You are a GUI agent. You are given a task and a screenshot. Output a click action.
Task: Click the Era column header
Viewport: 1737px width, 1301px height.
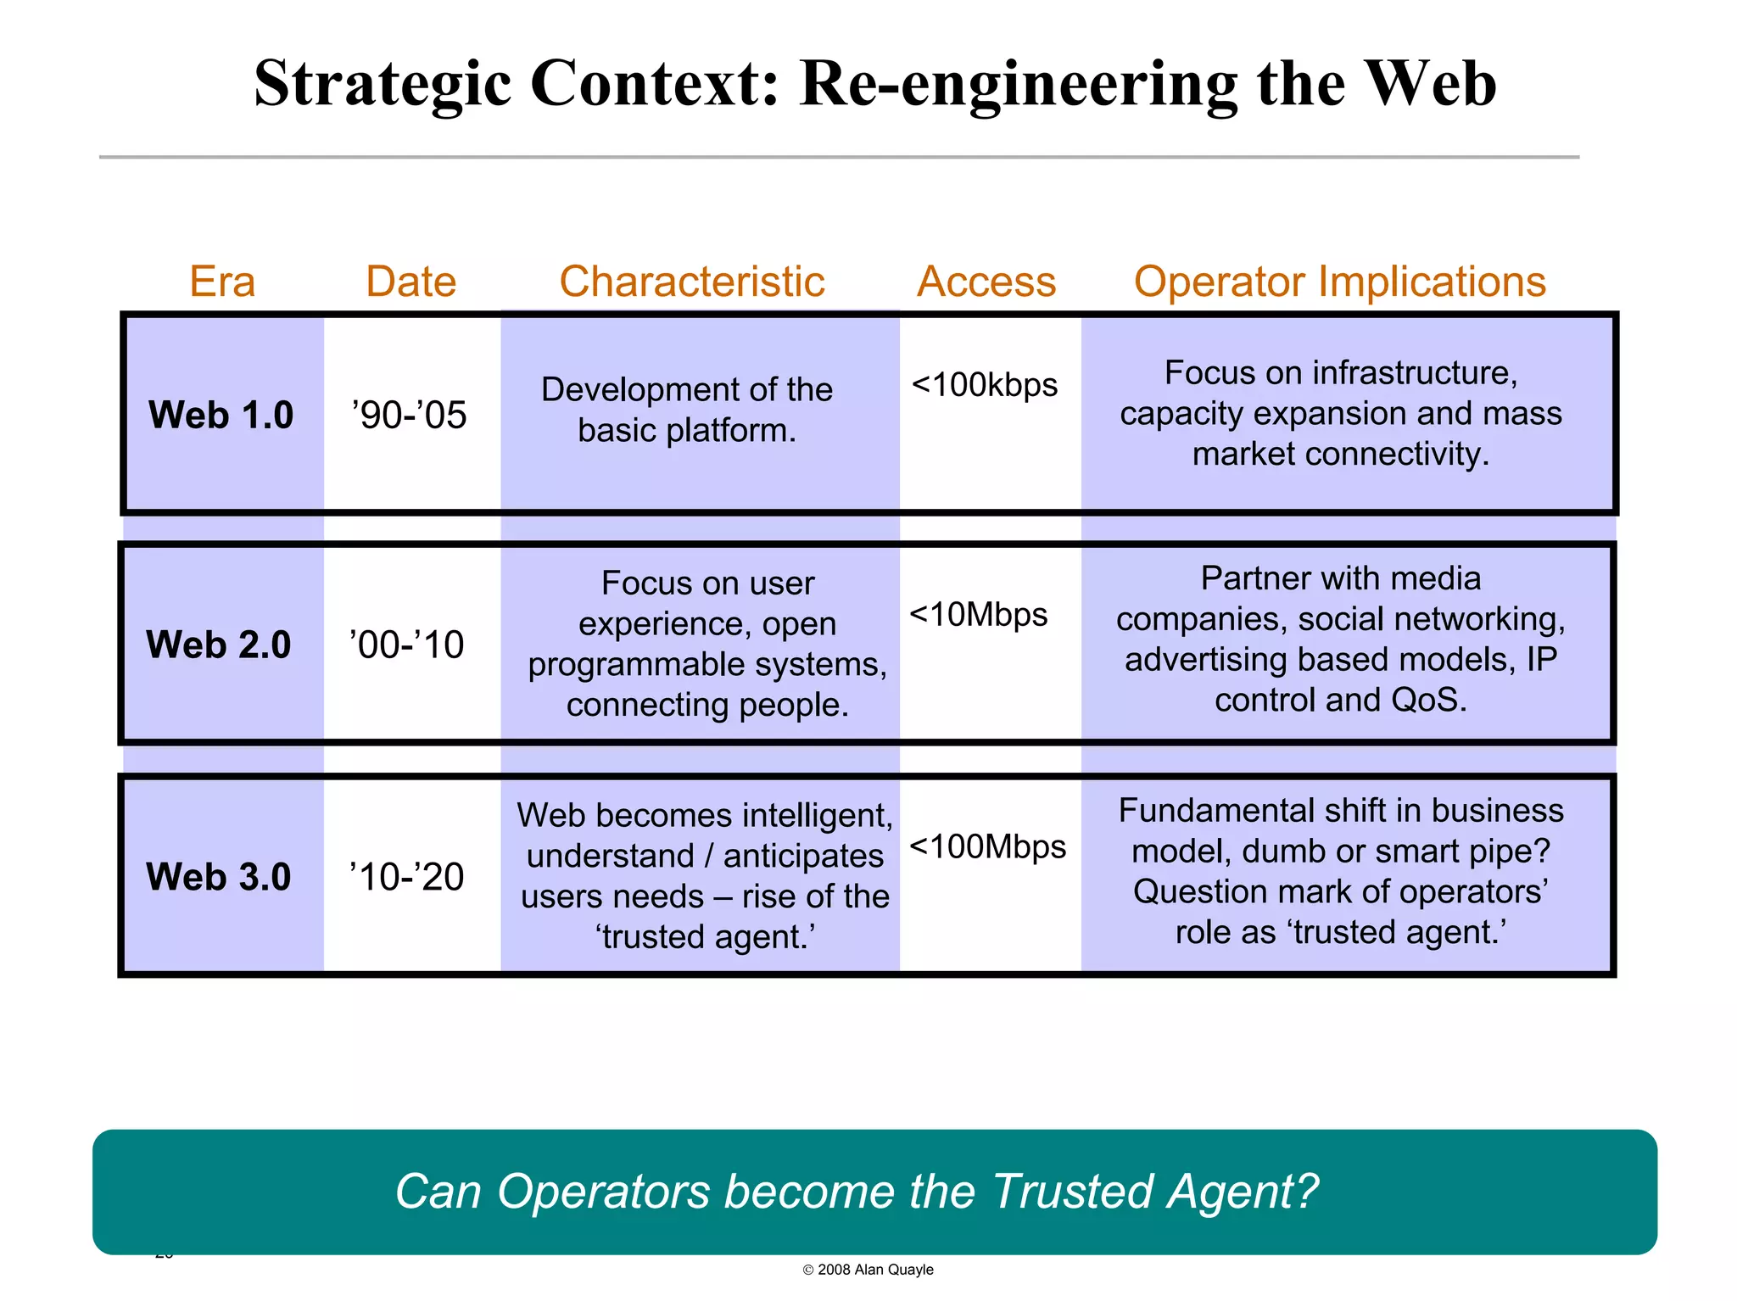(222, 282)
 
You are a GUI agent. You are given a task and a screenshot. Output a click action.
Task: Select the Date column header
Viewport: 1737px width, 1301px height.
(411, 282)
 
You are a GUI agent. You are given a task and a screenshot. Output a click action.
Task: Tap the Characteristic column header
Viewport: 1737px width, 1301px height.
(691, 282)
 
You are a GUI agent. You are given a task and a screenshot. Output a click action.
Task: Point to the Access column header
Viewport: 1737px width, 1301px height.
(986, 282)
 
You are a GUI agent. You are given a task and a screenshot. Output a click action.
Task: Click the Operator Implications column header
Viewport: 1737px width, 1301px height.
(1340, 282)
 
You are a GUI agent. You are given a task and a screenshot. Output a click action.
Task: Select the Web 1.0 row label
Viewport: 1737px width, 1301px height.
(221, 415)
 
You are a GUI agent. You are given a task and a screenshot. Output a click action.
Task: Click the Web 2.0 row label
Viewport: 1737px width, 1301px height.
(218, 645)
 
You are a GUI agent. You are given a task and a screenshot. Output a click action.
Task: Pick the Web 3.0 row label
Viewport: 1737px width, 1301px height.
(218, 877)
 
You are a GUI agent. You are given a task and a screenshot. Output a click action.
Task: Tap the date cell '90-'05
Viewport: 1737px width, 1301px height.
(410, 415)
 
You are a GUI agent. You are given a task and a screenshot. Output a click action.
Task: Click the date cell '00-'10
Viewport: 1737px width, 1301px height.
(407, 645)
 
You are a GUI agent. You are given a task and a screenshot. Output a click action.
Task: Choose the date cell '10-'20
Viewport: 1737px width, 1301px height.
(407, 877)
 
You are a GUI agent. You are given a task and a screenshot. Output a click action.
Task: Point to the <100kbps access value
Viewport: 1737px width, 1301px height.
(984, 385)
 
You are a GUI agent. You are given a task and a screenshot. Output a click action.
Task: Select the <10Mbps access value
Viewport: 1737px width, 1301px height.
(979, 614)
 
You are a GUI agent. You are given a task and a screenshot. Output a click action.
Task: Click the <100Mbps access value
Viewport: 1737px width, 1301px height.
(987, 846)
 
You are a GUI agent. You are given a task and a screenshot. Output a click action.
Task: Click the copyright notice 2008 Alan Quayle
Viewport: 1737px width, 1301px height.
(868, 1270)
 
